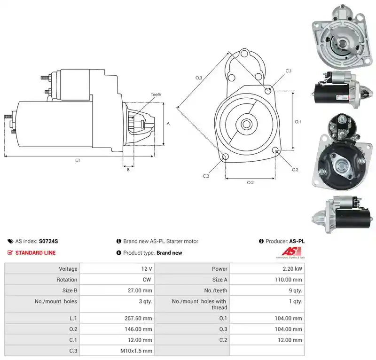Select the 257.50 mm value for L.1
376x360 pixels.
(x=138, y=318)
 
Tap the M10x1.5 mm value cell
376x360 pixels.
(x=136, y=351)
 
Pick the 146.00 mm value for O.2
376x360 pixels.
(x=138, y=329)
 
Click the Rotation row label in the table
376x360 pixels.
(x=67, y=280)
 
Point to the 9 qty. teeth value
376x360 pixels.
(x=295, y=290)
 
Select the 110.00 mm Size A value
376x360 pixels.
(x=288, y=280)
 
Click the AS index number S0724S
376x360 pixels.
(x=48, y=241)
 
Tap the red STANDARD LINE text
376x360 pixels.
(x=36, y=253)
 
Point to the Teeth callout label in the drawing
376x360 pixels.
(x=156, y=94)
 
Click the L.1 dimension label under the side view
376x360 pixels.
(x=78, y=160)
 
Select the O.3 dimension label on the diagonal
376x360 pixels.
(x=199, y=78)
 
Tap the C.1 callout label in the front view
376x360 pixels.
(x=289, y=71)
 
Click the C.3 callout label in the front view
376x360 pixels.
(x=206, y=176)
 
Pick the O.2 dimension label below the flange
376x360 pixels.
(x=251, y=183)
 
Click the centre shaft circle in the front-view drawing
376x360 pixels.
(x=246, y=124)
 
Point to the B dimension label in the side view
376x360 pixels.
(x=128, y=170)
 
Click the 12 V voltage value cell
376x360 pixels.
(x=147, y=269)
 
